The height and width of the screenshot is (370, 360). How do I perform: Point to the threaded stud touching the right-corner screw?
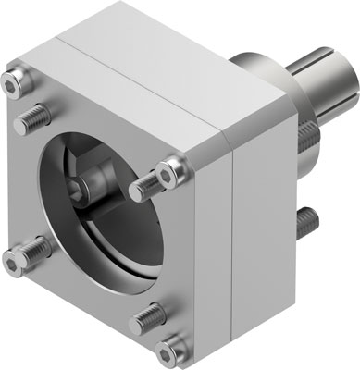pos(146,191)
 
